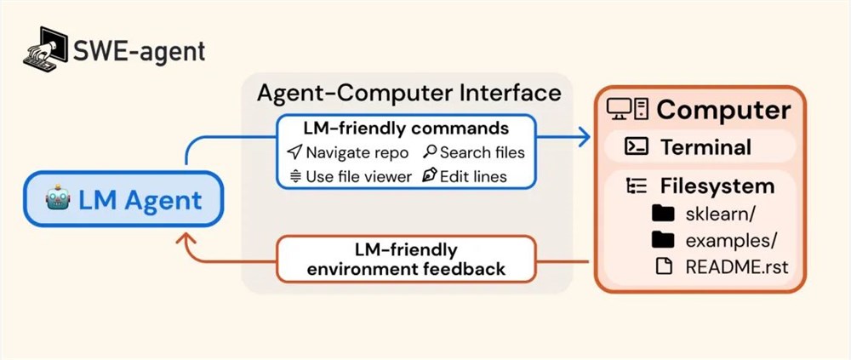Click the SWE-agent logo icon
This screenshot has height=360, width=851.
click(45, 49)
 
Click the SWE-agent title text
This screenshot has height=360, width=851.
click(140, 52)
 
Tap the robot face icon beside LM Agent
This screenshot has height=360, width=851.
click(58, 200)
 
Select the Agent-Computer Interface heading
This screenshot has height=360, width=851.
click(408, 93)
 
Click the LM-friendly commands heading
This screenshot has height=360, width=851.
click(407, 129)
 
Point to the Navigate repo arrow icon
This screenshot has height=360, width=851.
click(294, 152)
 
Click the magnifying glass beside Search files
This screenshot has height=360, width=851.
click(430, 152)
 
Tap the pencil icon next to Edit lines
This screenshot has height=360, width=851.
click(430, 176)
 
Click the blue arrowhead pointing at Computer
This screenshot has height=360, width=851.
click(584, 137)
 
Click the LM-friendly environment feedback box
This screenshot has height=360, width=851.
click(406, 259)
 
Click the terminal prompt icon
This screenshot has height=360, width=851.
click(636, 146)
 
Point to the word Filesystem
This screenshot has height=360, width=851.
click(717, 186)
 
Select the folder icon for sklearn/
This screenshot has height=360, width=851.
click(663, 214)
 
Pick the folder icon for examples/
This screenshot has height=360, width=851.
click(663, 239)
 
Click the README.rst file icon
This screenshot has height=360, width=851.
click(663, 266)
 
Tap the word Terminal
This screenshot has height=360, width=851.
click(705, 147)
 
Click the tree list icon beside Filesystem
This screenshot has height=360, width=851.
click(637, 186)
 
